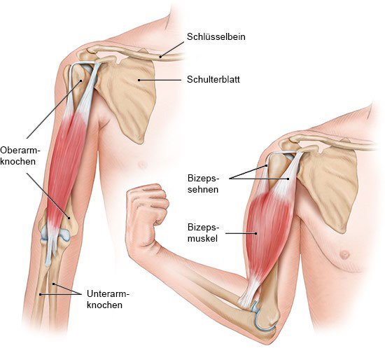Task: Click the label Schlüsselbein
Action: coord(216,37)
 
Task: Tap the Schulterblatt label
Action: coord(213,80)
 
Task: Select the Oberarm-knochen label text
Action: coord(20,155)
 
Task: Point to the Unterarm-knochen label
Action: coord(108,299)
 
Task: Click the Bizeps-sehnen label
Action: coord(203,184)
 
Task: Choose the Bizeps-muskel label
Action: coord(203,233)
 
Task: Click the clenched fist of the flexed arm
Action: coord(147,209)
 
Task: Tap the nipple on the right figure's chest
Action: coord(344,254)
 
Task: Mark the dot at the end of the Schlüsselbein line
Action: coord(160,57)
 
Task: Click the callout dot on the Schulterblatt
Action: coord(139,80)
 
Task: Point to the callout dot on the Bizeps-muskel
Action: coord(256,233)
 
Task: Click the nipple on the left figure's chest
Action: coord(142,164)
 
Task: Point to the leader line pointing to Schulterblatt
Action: coord(160,80)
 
